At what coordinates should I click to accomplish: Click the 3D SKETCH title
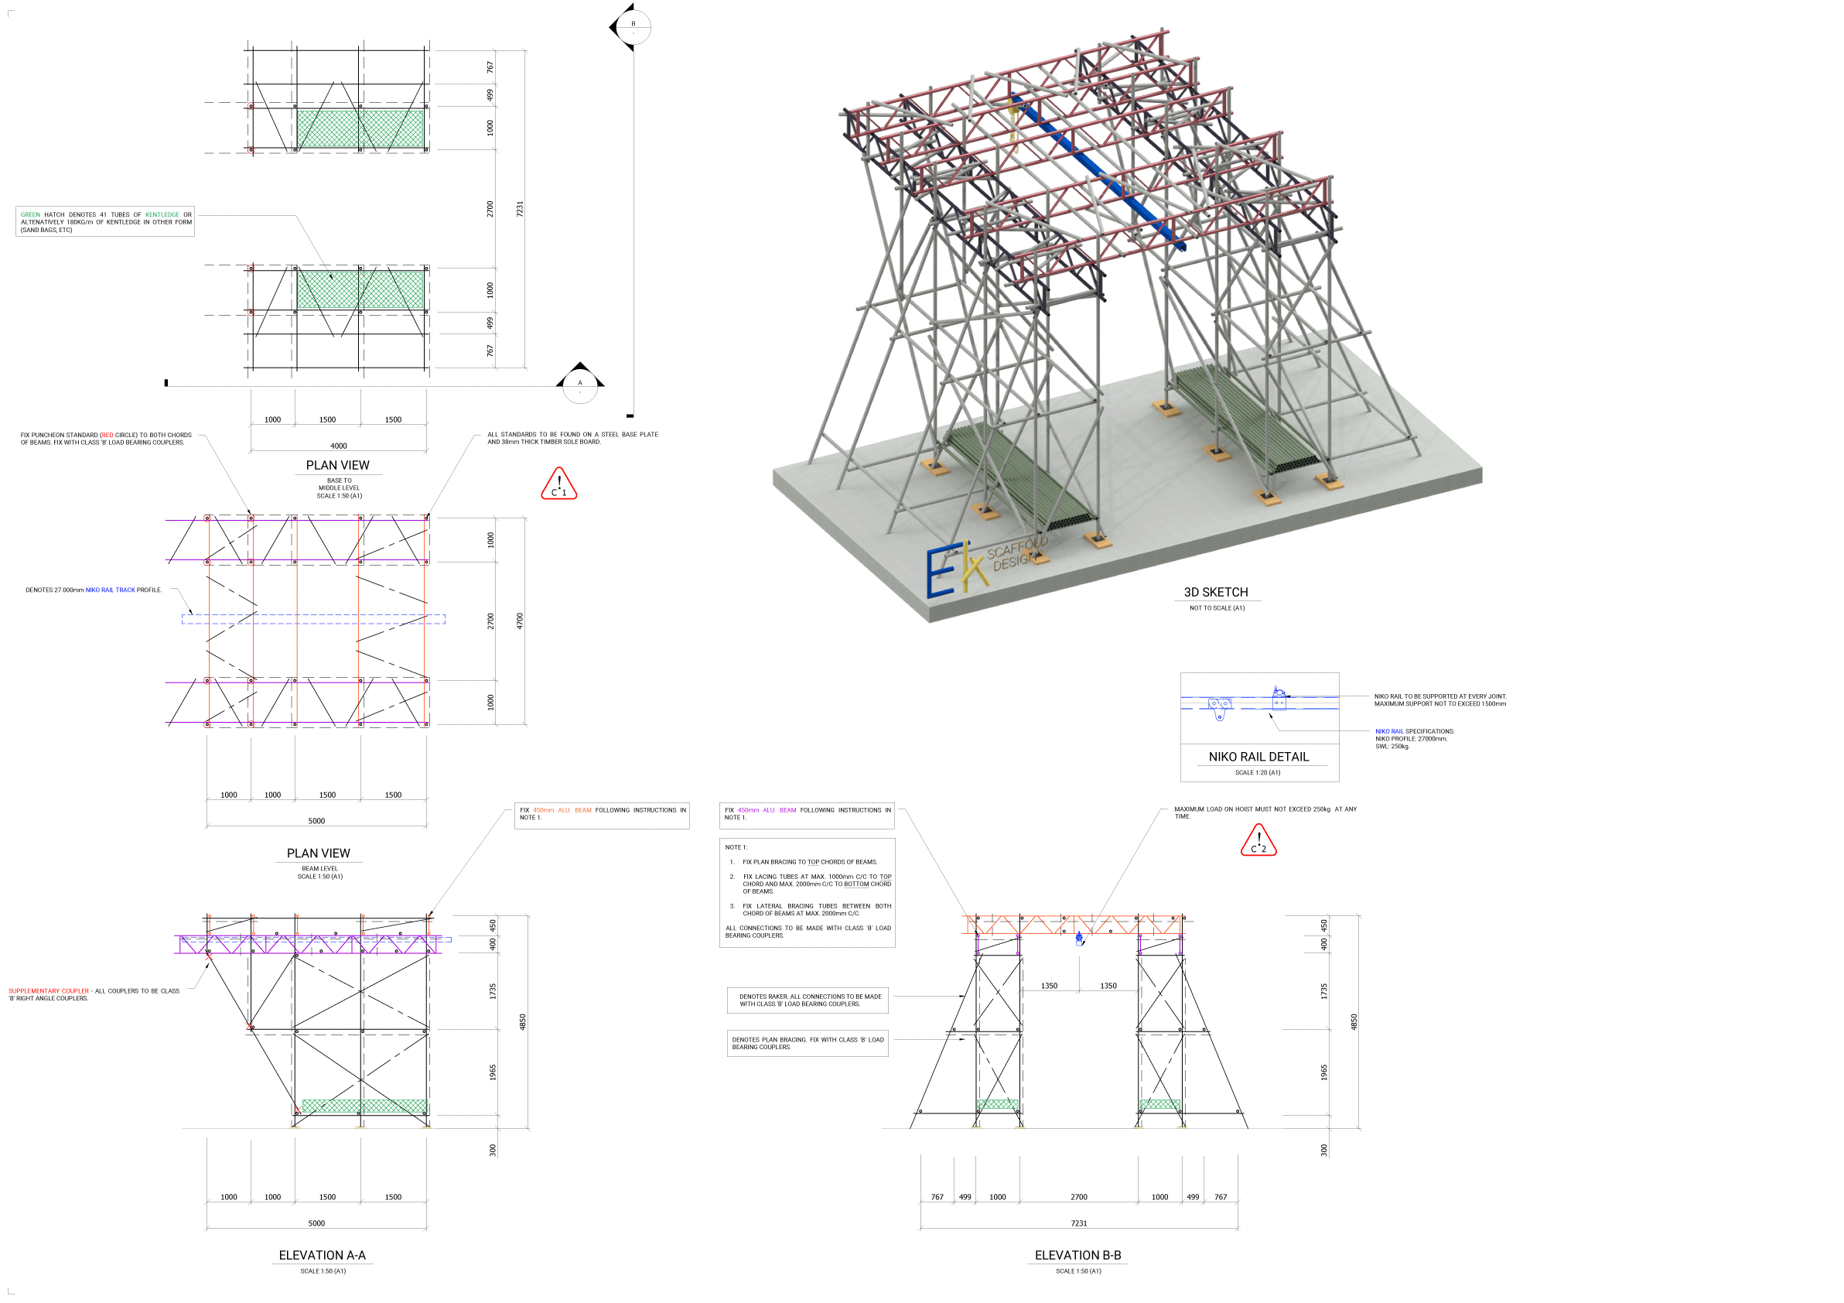click(1215, 593)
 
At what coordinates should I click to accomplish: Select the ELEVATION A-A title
click(322, 1256)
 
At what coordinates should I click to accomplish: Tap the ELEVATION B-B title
click(1077, 1256)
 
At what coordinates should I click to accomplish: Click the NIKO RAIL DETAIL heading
click(1258, 758)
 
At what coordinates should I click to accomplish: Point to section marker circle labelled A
click(580, 384)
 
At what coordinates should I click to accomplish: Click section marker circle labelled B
click(633, 26)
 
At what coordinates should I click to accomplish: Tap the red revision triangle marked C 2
click(1258, 842)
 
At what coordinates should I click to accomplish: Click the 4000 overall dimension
click(339, 446)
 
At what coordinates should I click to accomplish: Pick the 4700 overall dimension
click(520, 621)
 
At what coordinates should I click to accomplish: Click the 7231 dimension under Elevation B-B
click(1078, 1223)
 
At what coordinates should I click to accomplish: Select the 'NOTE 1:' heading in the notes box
click(736, 847)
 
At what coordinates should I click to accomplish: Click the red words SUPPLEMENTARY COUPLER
click(48, 991)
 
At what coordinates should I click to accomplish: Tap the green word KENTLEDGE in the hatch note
click(162, 214)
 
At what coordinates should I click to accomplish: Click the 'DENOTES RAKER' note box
click(809, 1000)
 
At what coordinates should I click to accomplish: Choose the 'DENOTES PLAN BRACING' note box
click(808, 1044)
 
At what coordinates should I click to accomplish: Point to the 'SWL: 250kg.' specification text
click(1392, 747)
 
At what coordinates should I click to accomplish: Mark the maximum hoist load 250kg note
click(1264, 813)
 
